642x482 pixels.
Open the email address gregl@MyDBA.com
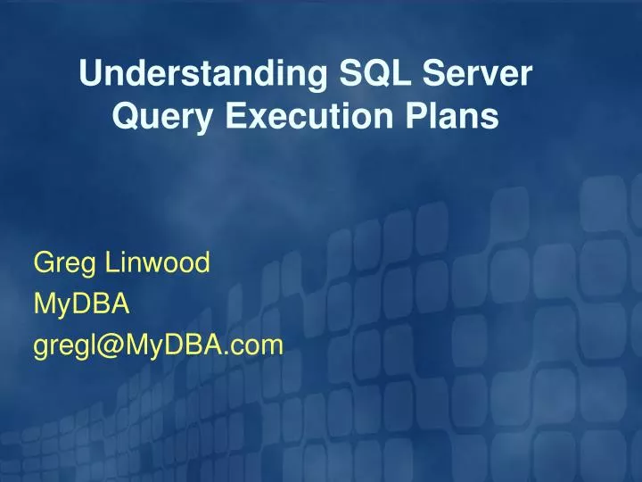pyautogui.click(x=158, y=345)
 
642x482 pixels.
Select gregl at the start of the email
pyautogui.click(x=64, y=346)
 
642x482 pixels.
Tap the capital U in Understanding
pyautogui.click(x=89, y=75)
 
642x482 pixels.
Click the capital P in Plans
pyautogui.click(x=417, y=117)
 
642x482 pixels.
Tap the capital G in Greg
pyautogui.click(x=43, y=262)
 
